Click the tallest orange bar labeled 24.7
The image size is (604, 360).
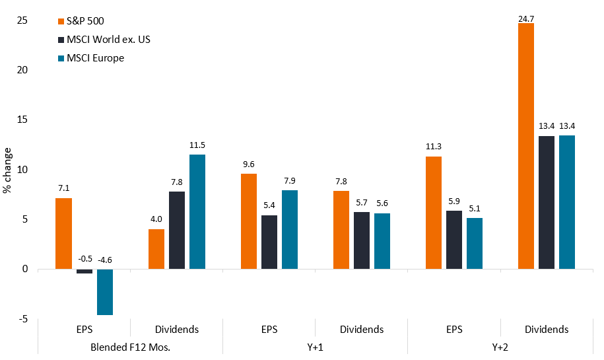(x=526, y=146)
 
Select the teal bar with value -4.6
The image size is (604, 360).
(x=104, y=292)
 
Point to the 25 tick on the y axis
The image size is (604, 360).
(x=22, y=20)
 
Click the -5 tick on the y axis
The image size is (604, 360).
(x=24, y=319)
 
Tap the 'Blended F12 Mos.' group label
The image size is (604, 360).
(x=130, y=347)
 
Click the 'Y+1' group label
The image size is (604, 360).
(x=315, y=347)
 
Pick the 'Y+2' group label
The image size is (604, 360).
(x=500, y=347)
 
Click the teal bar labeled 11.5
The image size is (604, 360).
(x=197, y=211)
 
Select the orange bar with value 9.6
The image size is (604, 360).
(x=249, y=221)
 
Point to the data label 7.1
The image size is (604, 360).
(x=63, y=188)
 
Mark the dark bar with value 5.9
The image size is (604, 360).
(x=454, y=240)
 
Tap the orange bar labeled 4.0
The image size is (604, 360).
(x=156, y=249)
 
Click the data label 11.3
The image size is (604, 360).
(x=434, y=147)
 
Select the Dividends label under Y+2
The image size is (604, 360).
(x=547, y=329)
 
